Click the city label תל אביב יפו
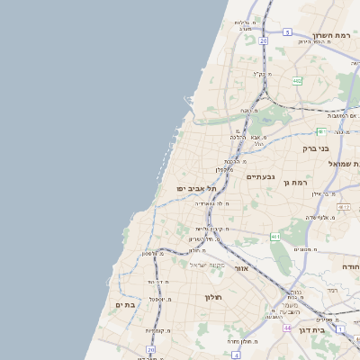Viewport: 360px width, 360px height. click(x=197, y=187)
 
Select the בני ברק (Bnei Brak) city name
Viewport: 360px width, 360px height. click(x=316, y=148)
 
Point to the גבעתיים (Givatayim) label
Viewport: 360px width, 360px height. click(x=260, y=177)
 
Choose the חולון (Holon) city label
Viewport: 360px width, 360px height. click(x=213, y=297)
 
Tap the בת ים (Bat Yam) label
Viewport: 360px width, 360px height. click(x=124, y=305)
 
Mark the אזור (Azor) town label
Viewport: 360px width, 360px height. click(x=240, y=268)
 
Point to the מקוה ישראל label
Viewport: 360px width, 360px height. click(x=215, y=265)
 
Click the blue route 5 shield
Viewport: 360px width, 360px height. click(x=287, y=31)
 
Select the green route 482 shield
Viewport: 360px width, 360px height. click(x=297, y=81)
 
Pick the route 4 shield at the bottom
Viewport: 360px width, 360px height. click(x=236, y=355)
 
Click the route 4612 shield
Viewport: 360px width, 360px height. click(x=275, y=237)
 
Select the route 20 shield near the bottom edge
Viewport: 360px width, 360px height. click(x=149, y=350)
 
